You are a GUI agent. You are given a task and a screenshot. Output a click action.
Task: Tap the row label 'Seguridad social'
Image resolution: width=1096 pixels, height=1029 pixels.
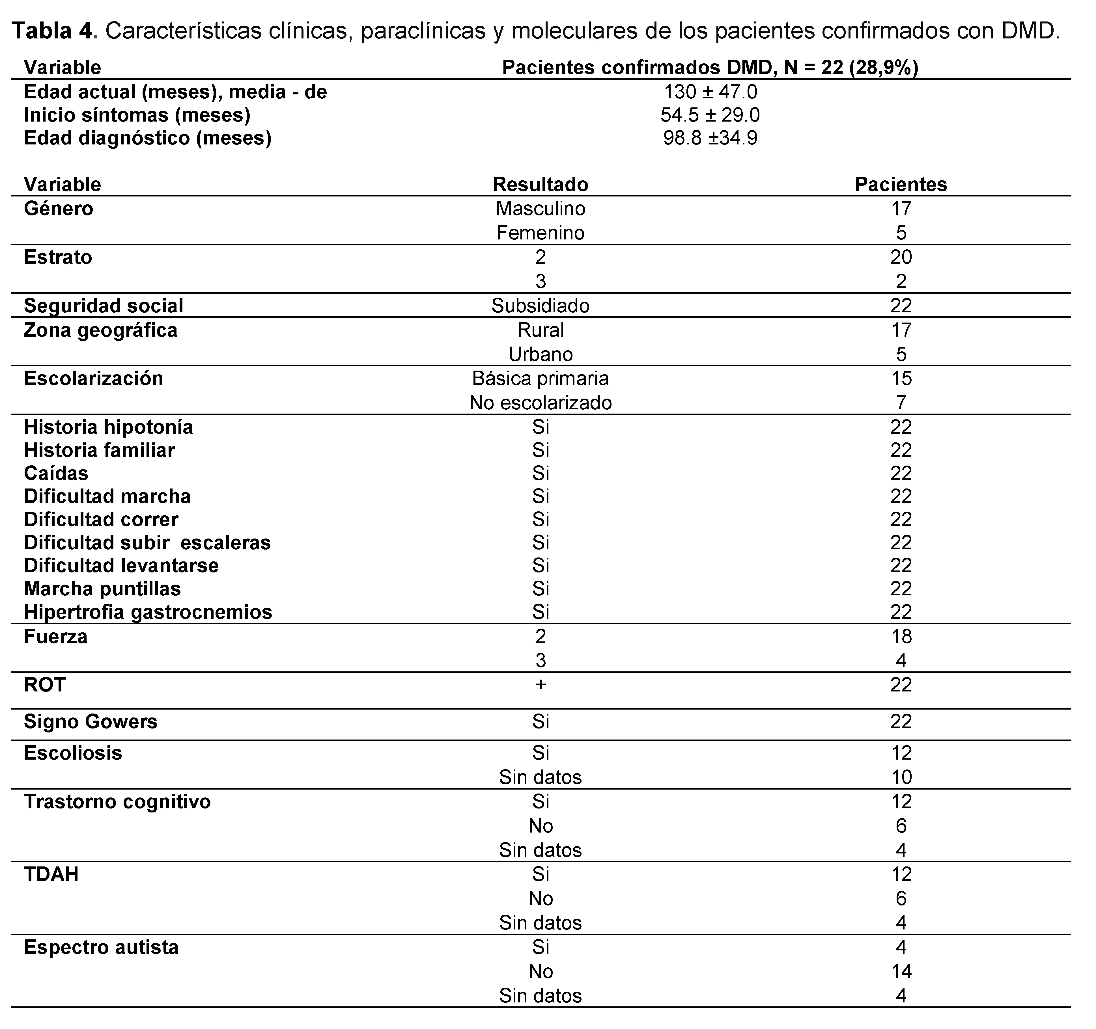click(x=104, y=306)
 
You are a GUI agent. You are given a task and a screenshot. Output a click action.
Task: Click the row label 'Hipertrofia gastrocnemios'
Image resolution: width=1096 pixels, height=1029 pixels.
click(x=148, y=612)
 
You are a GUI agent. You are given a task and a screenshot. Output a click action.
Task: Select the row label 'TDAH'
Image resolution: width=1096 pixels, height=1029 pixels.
click(x=51, y=874)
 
